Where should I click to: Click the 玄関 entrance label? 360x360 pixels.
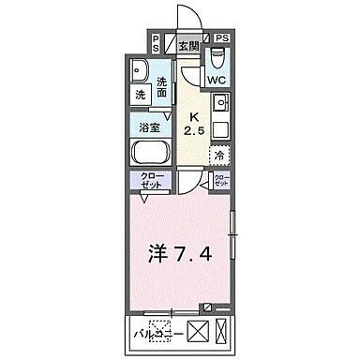point(187,44)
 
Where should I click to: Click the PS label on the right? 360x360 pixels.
point(221,38)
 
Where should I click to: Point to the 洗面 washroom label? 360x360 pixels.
point(162,86)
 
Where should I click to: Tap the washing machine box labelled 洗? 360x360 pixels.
point(139,94)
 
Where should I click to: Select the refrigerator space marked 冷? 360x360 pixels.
point(219,156)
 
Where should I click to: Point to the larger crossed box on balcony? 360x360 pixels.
point(198,331)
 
